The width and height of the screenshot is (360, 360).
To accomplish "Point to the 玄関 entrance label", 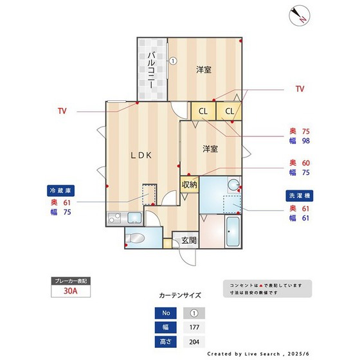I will (188, 241).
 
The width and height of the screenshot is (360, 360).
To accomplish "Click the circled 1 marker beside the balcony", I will (173, 62).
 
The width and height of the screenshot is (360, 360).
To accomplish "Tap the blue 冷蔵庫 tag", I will (60, 191).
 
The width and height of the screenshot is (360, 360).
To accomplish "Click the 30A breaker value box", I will (71, 291).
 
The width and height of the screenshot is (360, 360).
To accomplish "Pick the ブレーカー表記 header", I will (71, 281).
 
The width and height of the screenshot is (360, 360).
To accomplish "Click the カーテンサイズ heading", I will (180, 296).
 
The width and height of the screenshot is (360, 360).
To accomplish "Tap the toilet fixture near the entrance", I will (137, 237).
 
